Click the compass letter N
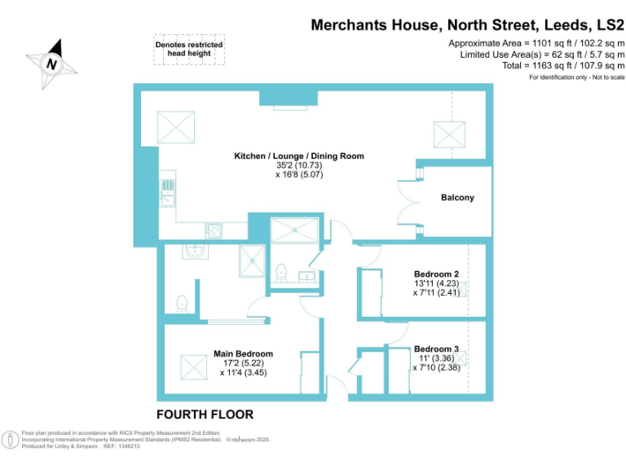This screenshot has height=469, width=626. (x=52, y=63)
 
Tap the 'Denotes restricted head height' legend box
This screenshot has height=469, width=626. (x=188, y=49)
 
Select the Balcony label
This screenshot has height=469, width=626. (x=457, y=198)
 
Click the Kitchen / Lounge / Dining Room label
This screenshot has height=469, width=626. (x=299, y=156)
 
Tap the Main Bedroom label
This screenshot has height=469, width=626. (x=243, y=353)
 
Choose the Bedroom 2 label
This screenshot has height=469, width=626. (x=436, y=274)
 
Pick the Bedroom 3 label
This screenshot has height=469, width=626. (x=436, y=348)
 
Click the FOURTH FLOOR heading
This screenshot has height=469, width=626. (x=205, y=414)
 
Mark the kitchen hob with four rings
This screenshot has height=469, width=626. (x=214, y=230)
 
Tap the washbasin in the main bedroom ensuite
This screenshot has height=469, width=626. (x=194, y=252)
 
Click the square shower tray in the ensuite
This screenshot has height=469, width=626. (x=253, y=261)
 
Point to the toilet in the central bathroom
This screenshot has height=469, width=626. (x=282, y=272)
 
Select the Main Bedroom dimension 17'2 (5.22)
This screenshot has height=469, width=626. (x=243, y=363)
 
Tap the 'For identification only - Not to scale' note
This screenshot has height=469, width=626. (x=576, y=77)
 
